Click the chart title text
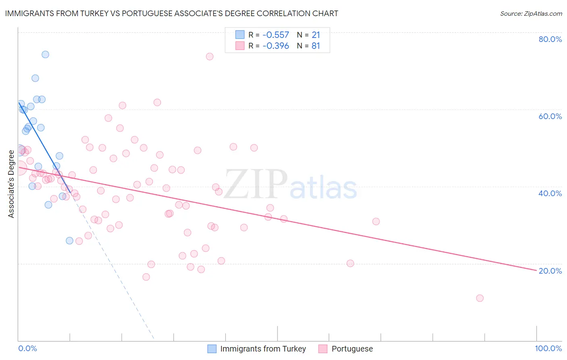click(171, 13)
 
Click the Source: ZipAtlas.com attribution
click(531, 13)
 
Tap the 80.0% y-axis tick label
click(550, 39)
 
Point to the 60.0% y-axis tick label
click(550, 116)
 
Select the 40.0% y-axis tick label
click(550, 193)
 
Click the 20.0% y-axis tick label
click(550, 271)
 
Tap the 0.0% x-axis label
click(27, 349)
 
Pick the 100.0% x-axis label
click(548, 349)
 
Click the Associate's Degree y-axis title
click(11, 184)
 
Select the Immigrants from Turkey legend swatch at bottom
click(212, 349)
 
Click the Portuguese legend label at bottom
click(352, 349)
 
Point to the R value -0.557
click(276, 35)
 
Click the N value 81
click(316, 46)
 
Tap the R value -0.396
click(276, 46)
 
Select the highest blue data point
click(45, 54)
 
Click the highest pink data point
click(209, 57)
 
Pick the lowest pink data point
click(479, 298)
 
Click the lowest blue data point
click(69, 241)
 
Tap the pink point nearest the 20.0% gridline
click(350, 264)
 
